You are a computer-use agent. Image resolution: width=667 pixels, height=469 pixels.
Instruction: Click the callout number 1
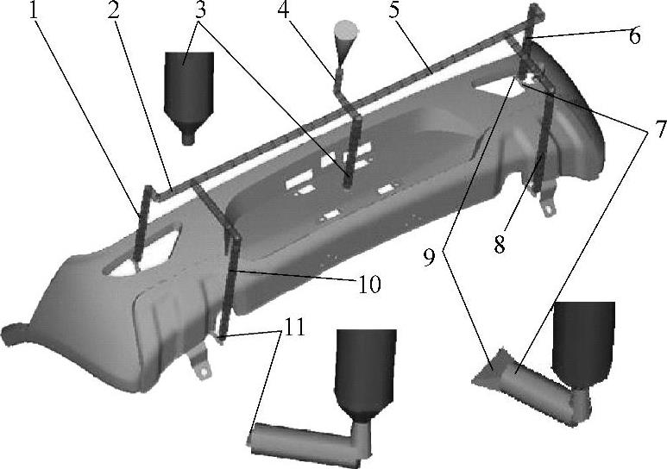coord(34,10)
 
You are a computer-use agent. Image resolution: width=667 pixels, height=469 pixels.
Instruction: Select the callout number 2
coord(113,10)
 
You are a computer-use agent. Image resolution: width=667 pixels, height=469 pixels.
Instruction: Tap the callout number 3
coord(201,10)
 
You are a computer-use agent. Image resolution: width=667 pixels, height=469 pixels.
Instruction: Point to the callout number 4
coord(284,10)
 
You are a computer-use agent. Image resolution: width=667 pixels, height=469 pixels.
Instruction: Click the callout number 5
coord(394,10)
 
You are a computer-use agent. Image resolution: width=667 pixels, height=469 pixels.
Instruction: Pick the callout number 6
coord(634,35)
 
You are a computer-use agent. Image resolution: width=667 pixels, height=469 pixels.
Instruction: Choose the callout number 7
coord(661,128)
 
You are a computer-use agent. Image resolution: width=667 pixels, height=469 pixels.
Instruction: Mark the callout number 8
coord(500,245)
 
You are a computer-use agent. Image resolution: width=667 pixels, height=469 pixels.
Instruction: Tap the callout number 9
coord(429,258)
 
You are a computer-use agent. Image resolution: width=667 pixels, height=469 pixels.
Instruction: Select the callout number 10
coord(369,284)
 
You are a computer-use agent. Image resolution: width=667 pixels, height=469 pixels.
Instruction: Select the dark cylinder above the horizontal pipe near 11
coord(366,375)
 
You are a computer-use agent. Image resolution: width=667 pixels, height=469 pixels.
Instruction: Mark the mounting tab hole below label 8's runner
coord(551,209)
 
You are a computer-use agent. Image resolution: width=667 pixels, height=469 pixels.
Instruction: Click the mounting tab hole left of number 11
coord(205,371)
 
